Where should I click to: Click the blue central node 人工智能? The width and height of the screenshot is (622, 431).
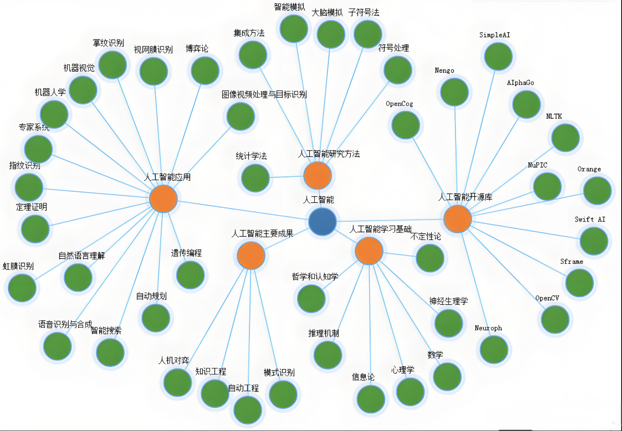coord(322,222)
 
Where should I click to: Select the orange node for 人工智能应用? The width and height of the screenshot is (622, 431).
coord(163,199)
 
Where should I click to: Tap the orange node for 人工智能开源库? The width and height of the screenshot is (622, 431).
coord(458,219)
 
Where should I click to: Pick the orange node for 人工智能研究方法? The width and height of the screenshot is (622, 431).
coord(318,176)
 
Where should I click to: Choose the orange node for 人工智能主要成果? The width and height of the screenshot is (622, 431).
coord(251,255)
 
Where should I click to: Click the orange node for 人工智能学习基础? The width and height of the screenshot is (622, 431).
coord(369,251)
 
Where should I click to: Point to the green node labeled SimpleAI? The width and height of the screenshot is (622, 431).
coord(498,56)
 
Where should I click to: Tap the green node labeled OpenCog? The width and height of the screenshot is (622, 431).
coord(406,125)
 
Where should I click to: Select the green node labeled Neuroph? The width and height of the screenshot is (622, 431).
coord(494,350)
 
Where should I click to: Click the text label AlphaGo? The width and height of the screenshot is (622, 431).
coord(520,83)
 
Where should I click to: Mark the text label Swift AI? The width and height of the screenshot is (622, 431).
coord(590,220)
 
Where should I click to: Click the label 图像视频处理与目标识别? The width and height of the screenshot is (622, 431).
coord(264,94)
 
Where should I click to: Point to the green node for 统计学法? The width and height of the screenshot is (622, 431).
coord(255,178)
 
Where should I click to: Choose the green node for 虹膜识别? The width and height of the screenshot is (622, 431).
coord(22,288)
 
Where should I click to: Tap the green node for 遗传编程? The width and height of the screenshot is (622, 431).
coord(191,275)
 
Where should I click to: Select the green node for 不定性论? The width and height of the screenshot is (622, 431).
coord(430,258)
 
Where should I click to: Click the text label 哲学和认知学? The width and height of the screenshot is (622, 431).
coord(315,276)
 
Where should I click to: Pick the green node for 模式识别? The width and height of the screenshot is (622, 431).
coord(283,395)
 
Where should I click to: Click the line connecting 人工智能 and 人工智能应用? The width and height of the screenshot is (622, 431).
coord(243,210)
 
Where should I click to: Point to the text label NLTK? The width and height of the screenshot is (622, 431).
coord(554,116)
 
